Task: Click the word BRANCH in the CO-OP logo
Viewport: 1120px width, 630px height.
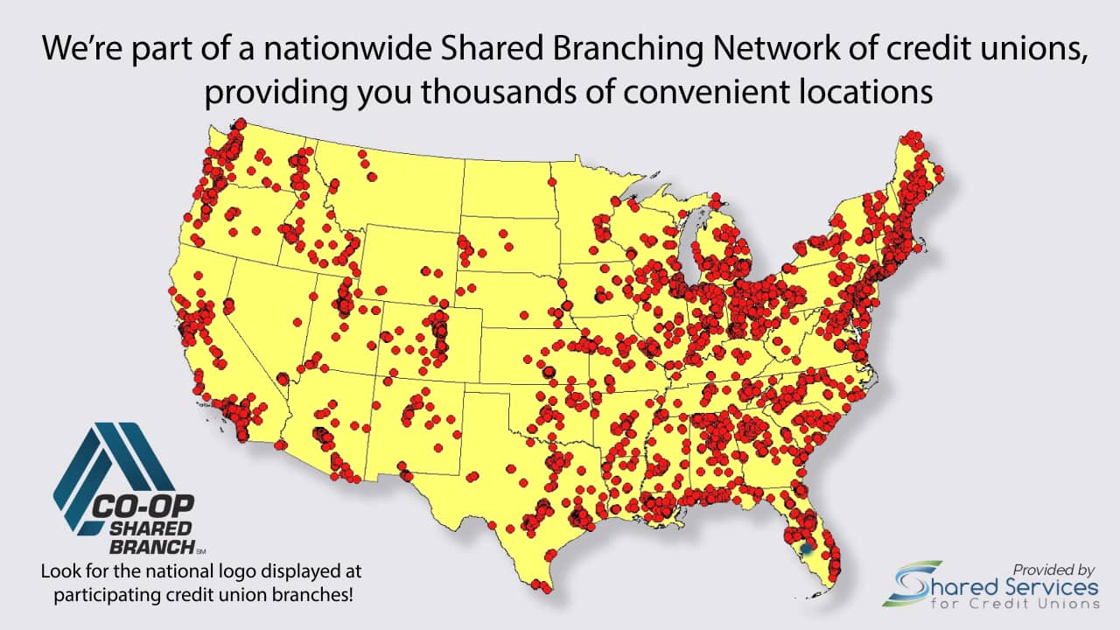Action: (x=150, y=547)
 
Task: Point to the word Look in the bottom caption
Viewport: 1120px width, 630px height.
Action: (x=60, y=571)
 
